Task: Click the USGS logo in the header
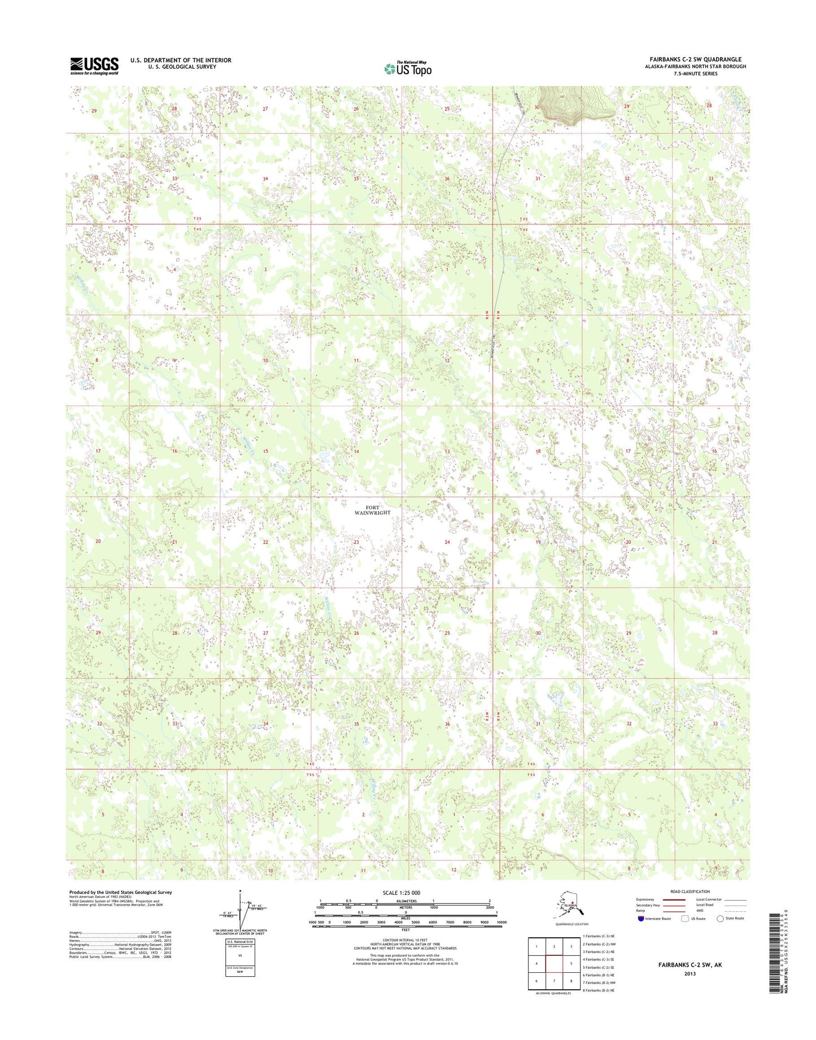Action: tap(94, 65)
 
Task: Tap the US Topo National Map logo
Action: tap(408, 68)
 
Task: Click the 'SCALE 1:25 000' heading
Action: tap(405, 893)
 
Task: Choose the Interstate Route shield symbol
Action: tap(640, 919)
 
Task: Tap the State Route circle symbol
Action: tap(720, 919)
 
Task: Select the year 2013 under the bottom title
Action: tap(690, 973)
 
